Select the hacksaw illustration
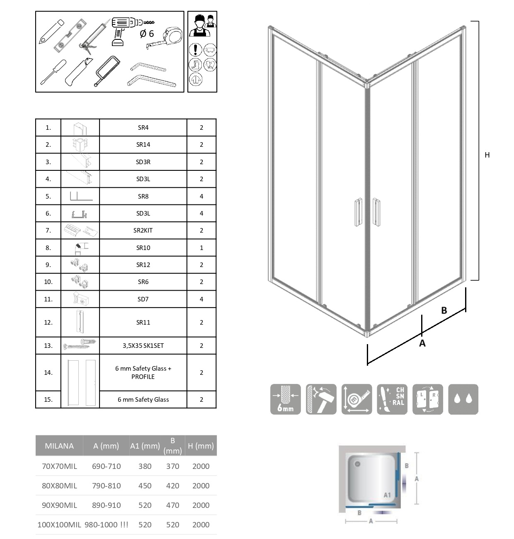107,71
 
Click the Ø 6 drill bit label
146,34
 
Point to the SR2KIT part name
143,231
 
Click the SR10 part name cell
143,248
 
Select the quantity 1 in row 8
201,248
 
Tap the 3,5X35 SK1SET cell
143,346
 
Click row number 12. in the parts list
48,323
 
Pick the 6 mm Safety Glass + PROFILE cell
143,372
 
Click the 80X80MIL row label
59,486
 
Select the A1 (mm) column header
145,446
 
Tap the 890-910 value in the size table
106,505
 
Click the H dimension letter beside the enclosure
487,155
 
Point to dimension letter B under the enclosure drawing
444,311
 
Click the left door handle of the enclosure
358,213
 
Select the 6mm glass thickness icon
285,399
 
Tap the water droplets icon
463,399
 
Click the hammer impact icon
321,399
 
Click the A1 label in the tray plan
387,495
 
